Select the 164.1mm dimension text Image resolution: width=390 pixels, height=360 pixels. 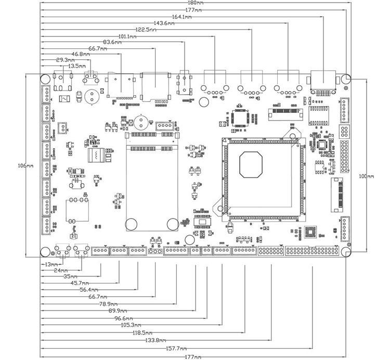pyautogui.click(x=182, y=17)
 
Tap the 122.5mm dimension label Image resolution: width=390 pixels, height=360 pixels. pyautogui.click(x=146, y=30)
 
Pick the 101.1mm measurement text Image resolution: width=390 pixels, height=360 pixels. pyautogui.click(x=127, y=36)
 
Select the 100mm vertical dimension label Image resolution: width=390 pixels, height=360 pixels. pyautogui.click(x=367, y=176)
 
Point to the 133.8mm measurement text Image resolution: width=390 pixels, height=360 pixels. pyautogui.click(x=155, y=340)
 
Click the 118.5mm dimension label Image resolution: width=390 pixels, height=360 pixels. pyautogui.click(x=142, y=333)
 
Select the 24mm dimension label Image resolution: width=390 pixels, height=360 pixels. pyautogui.click(x=60, y=271)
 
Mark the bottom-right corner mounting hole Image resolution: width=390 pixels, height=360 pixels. pyautogui.click(x=347, y=252)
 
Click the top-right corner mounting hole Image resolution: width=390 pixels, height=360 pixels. pyautogui.click(x=347, y=78)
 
